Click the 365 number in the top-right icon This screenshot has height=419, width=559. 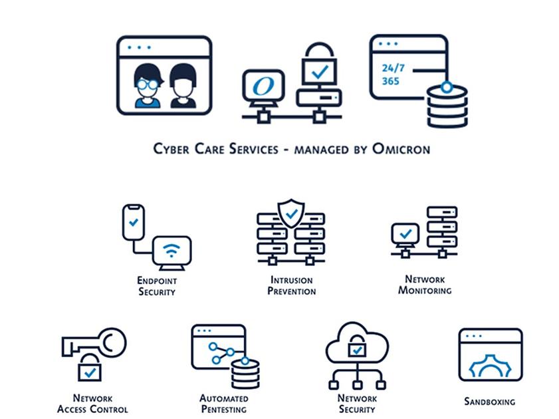coord(391,82)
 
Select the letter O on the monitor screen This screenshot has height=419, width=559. coord(263,87)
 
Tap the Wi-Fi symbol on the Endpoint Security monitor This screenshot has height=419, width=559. coord(171,251)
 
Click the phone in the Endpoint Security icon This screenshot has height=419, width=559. coord(134,223)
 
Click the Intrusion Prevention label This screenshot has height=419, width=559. coord(291,285)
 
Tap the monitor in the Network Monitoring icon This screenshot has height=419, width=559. coord(405,234)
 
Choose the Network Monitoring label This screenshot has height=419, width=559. coord(425,285)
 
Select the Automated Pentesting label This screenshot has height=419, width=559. coord(224,403)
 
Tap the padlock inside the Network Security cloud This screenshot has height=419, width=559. coord(357,348)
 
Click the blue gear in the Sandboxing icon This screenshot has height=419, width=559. coord(490,368)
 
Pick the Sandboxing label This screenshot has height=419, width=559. coord(489,401)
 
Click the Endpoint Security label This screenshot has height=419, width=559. coord(158,286)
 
